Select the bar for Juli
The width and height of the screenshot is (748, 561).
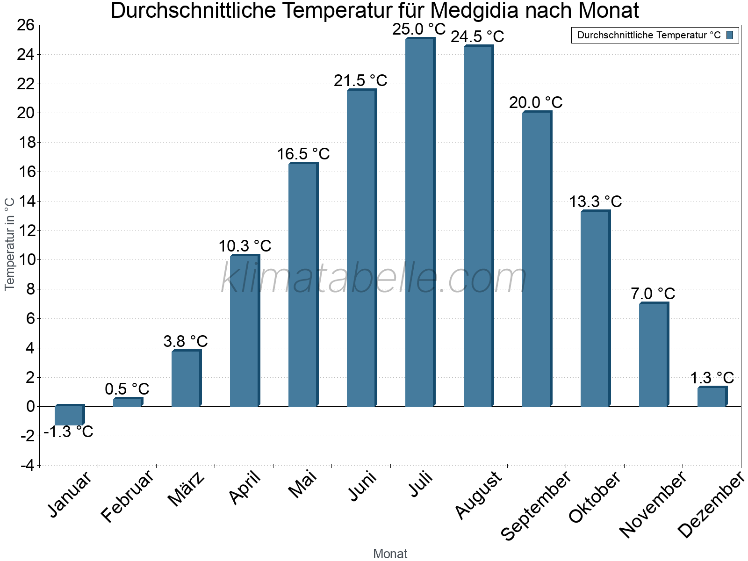(419, 223)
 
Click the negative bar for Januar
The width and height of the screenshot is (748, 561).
(69, 416)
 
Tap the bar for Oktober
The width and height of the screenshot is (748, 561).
(595, 309)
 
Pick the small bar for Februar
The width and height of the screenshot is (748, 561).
(127, 402)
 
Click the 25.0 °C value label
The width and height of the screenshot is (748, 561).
(419, 29)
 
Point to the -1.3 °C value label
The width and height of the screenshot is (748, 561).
(69, 432)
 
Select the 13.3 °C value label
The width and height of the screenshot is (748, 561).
(595, 202)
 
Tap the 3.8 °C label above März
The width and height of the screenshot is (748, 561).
(186, 341)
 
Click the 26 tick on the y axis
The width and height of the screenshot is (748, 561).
(26, 25)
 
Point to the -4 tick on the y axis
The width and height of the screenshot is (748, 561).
(27, 466)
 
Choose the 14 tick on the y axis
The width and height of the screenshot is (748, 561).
(26, 201)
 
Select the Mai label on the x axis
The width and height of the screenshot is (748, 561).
(302, 484)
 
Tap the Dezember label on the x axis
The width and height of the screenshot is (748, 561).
(711, 505)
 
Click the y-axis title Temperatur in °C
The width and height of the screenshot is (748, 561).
(10, 244)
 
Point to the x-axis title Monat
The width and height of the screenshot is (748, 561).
(390, 554)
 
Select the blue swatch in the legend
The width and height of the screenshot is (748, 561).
(730, 35)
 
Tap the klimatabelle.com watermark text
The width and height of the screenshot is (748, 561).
(374, 279)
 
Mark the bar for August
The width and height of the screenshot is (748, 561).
(478, 226)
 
